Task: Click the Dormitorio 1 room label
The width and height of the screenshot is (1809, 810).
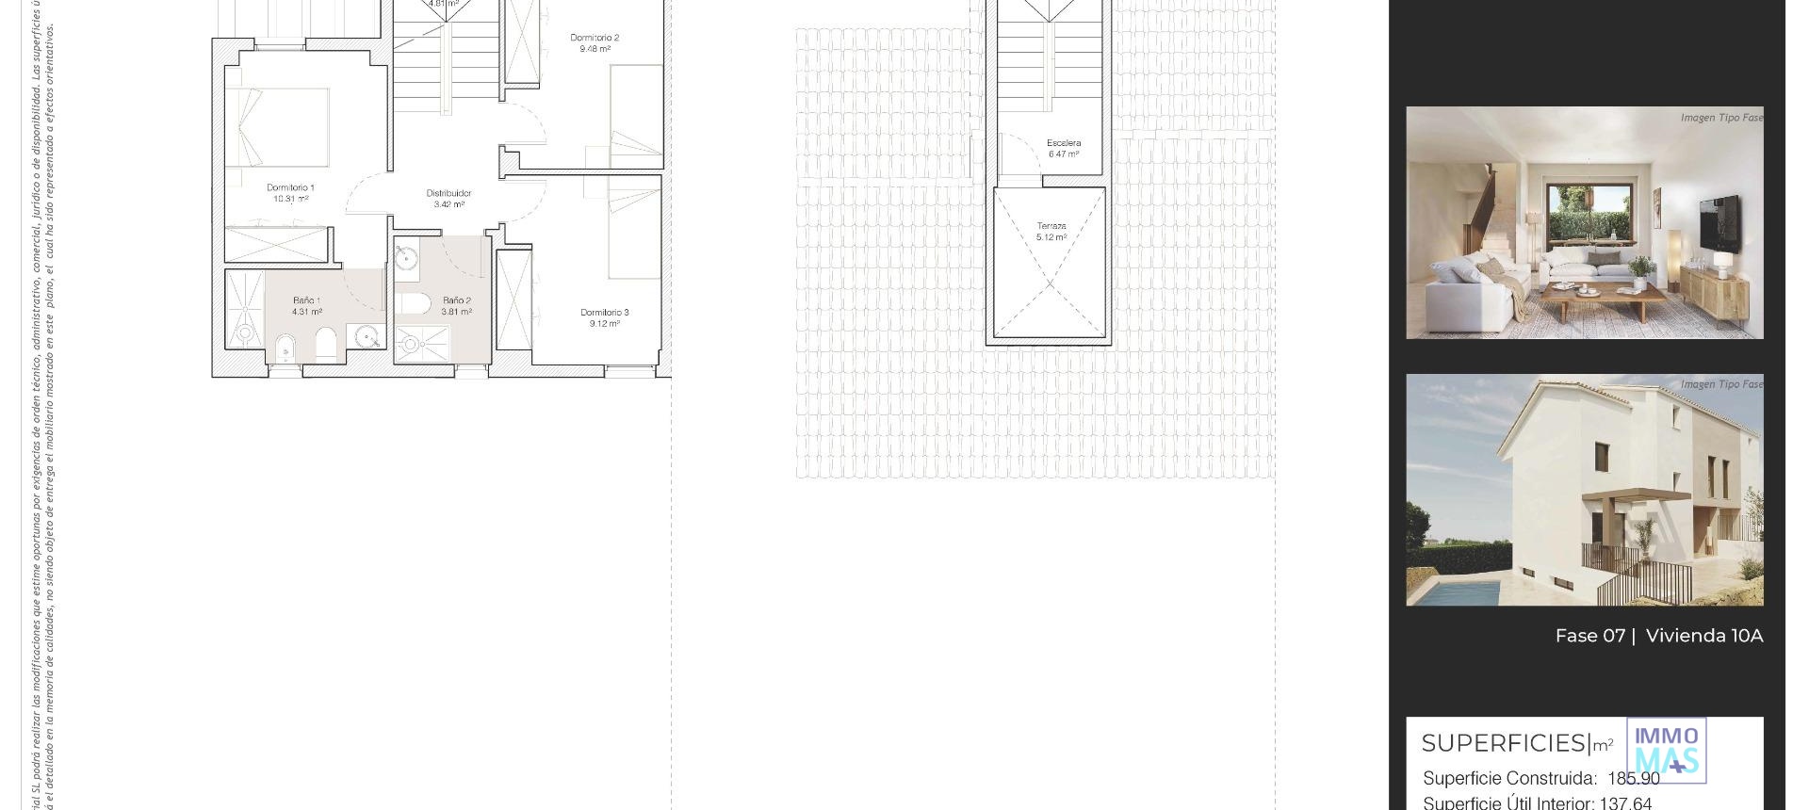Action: click(x=290, y=187)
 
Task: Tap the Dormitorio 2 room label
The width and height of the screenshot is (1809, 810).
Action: click(x=595, y=38)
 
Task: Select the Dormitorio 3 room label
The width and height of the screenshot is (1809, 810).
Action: click(x=604, y=313)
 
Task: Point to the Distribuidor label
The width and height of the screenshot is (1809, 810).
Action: click(x=448, y=193)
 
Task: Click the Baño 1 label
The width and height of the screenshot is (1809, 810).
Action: click(x=306, y=300)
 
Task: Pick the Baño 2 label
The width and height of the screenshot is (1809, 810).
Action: click(x=457, y=300)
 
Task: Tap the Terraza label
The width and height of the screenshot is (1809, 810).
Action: click(x=1051, y=226)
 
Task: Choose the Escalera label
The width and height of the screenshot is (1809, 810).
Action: click(x=1064, y=143)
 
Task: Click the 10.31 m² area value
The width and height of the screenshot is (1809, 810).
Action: click(x=290, y=200)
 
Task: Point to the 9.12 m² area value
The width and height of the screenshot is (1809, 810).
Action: click(x=604, y=324)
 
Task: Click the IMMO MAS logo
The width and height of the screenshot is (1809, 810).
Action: click(x=1666, y=751)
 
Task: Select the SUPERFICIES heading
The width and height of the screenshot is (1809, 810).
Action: click(x=1504, y=743)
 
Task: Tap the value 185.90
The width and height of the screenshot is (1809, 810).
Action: click(x=1634, y=779)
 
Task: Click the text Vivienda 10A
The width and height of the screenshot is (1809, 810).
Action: click(x=1703, y=636)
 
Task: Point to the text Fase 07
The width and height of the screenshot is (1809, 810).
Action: click(x=1589, y=636)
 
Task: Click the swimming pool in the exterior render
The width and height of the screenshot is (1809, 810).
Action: click(x=1451, y=592)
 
